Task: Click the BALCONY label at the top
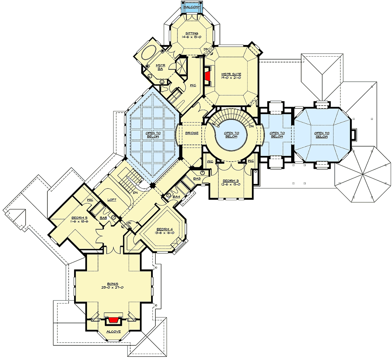coord(192,7)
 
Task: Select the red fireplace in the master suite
coord(207,75)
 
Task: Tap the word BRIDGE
coord(192,133)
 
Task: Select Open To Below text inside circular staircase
coord(231,135)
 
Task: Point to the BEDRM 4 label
coord(165,229)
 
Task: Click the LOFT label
coord(112,200)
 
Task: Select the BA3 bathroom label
coord(197,178)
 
